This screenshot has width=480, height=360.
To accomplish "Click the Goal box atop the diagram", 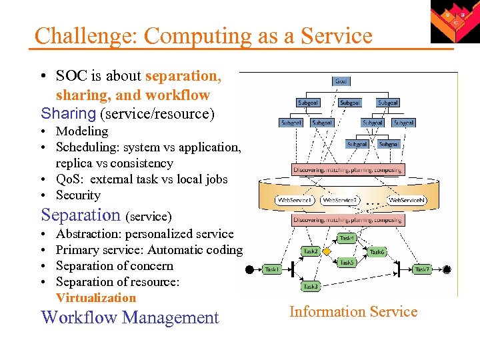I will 341,81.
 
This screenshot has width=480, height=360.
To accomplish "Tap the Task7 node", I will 423,269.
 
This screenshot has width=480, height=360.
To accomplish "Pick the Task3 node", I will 311,286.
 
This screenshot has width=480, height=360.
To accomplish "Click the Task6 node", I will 377,252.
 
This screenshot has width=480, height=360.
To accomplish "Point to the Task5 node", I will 347,263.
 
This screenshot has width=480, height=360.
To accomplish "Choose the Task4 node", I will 347,238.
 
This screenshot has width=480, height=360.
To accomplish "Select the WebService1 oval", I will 295,200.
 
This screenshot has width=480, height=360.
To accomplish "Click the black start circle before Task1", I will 249,270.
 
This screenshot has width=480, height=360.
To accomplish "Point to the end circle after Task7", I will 447,269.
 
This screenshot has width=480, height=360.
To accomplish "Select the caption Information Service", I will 353,311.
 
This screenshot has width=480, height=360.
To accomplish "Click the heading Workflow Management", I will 130,317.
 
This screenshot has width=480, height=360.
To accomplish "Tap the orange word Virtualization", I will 96,298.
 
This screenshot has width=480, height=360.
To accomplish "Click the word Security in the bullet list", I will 78,195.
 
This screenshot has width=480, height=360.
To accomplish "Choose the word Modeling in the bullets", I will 82,131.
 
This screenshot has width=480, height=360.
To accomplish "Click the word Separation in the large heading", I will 81,215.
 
